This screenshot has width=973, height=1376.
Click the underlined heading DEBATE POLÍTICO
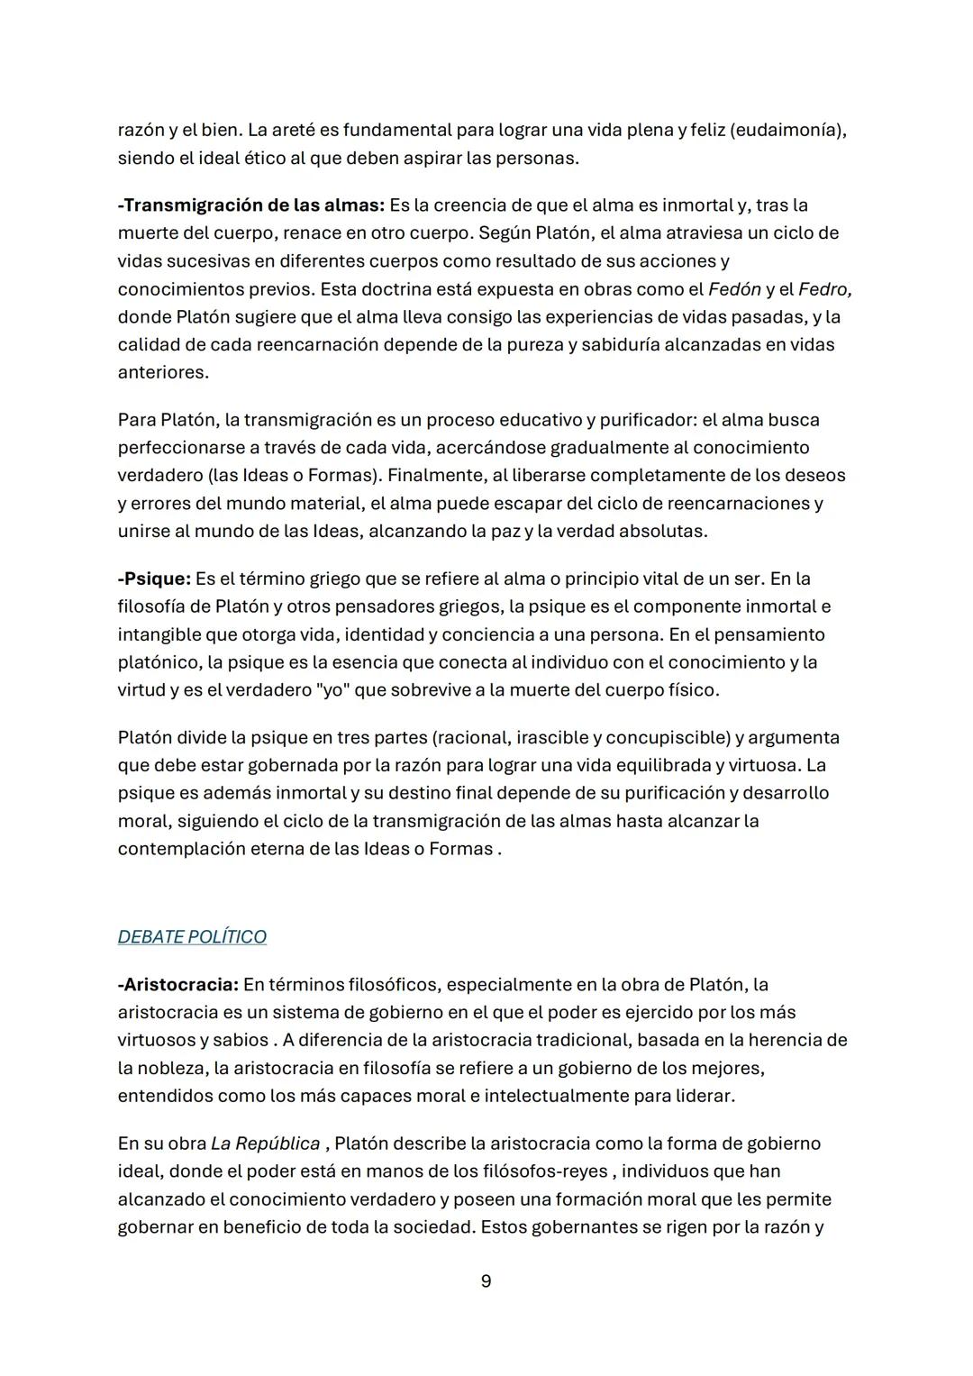point(192,937)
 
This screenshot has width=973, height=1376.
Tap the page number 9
point(486,1281)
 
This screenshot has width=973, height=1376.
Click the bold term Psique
point(156,579)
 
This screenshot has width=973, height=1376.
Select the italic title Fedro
point(824,289)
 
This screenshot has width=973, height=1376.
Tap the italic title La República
point(265,1144)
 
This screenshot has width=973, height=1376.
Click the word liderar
point(700,1097)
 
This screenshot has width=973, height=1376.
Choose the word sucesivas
point(210,261)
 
